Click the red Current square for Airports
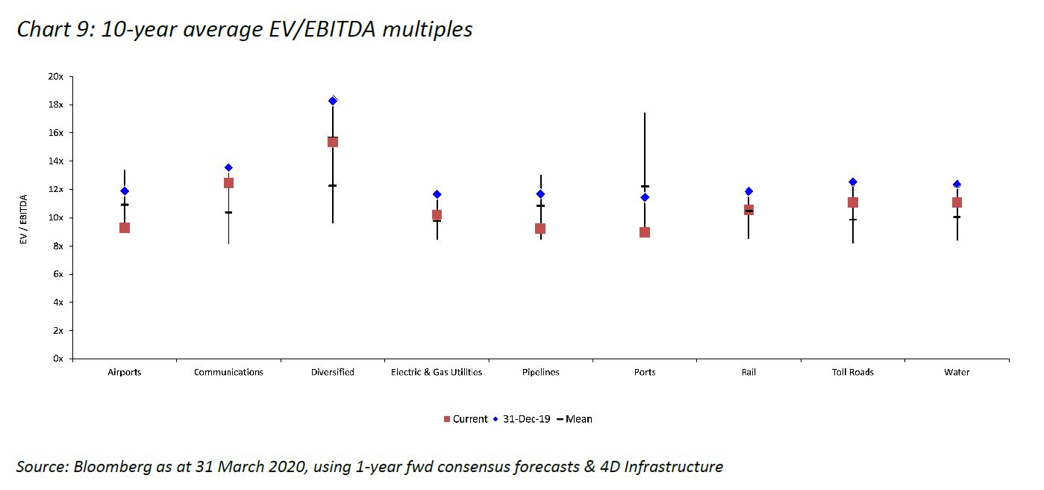click(125, 228)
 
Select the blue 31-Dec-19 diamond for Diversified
click(333, 100)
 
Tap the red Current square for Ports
click(645, 232)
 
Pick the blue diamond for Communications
click(228, 167)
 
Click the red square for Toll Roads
click(853, 202)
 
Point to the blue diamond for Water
click(957, 184)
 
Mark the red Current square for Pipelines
click(540, 229)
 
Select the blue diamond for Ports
click(645, 197)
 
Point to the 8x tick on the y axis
click(57, 246)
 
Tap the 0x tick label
click(57, 359)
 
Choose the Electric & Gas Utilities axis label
click(437, 372)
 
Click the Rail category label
click(748, 372)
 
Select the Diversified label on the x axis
click(333, 372)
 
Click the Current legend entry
click(465, 419)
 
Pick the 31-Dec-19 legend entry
click(522, 419)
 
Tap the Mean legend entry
click(575, 419)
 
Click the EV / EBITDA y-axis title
click(23, 217)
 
